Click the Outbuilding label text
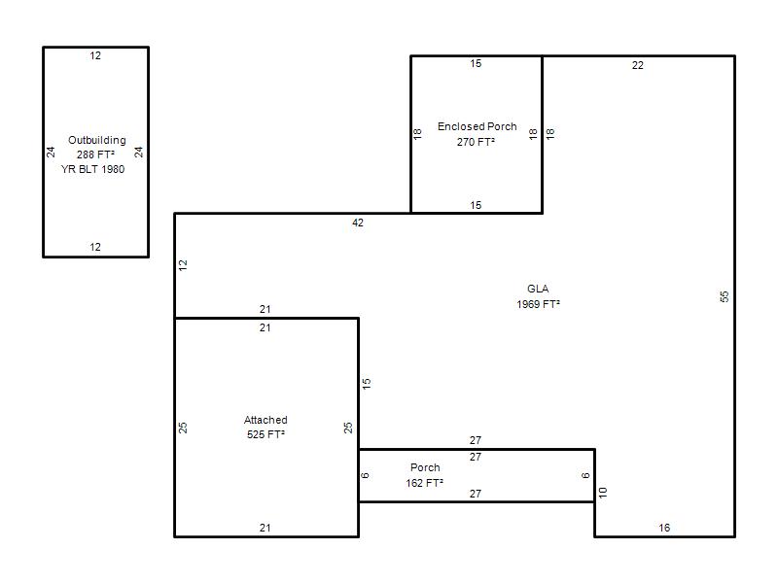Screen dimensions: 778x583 click(96, 140)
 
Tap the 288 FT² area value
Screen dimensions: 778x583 click(95, 154)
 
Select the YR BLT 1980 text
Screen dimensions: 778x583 click(92, 169)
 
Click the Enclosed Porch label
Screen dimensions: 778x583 click(477, 126)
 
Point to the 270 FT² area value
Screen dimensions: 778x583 click(476, 142)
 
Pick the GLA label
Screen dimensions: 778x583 click(538, 289)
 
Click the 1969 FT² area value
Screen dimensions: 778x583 click(538, 304)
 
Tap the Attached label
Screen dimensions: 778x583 click(265, 420)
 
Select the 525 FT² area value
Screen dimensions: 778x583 click(265, 434)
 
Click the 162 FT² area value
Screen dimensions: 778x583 click(424, 483)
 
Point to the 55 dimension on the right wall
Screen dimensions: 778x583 click(725, 296)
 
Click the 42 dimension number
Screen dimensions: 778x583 click(358, 223)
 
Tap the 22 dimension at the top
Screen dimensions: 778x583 click(638, 65)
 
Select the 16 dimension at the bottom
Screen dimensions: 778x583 click(664, 528)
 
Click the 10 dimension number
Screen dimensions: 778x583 click(603, 493)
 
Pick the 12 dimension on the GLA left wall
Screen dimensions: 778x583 click(183, 265)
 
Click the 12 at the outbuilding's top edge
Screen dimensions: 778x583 click(95, 55)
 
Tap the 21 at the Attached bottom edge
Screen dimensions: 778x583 click(265, 528)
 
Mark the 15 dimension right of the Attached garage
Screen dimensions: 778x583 click(367, 383)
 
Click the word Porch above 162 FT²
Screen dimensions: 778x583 click(425, 467)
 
